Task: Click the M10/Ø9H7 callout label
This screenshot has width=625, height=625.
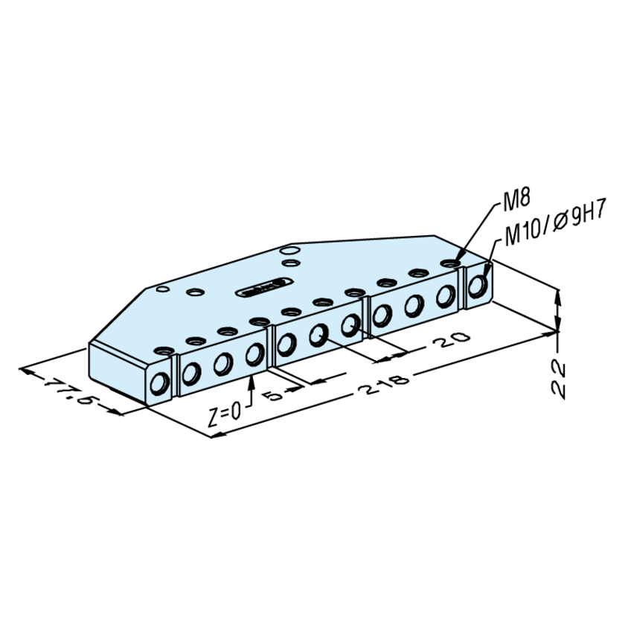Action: (556, 224)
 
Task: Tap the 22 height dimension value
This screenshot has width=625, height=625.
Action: (559, 380)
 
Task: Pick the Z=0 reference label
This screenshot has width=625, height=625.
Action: (225, 414)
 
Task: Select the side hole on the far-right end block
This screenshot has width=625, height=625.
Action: (478, 286)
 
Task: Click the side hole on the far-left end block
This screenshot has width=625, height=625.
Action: (160, 383)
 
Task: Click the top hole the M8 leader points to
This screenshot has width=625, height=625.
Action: (450, 264)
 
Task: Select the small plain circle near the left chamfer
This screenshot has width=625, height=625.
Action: (163, 289)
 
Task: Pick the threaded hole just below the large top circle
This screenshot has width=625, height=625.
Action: (291, 263)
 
